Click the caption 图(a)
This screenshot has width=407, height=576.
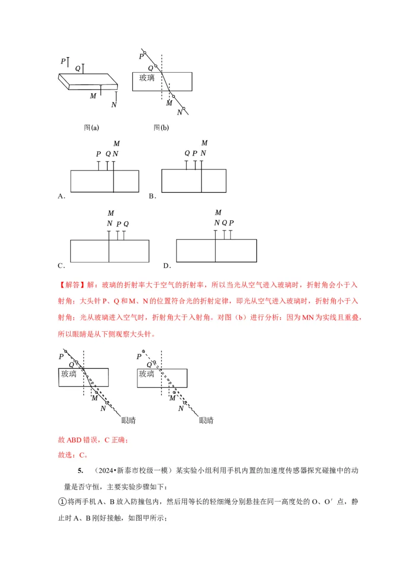click(x=91, y=128)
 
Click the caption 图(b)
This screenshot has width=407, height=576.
click(x=161, y=128)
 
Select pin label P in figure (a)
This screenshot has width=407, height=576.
click(x=63, y=61)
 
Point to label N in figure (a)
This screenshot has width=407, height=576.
click(x=113, y=105)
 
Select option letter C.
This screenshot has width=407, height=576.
click(x=61, y=266)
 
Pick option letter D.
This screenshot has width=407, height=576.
click(x=166, y=266)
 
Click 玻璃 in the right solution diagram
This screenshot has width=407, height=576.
click(x=147, y=374)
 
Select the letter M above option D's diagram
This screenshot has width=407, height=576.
click(x=218, y=213)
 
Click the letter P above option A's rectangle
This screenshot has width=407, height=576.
click(x=98, y=154)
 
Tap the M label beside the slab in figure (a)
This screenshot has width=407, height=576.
click(x=93, y=96)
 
